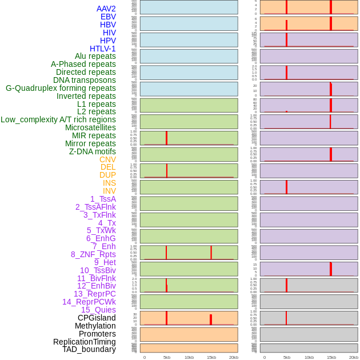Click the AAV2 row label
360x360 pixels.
(106, 9)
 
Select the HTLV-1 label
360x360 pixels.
(103, 49)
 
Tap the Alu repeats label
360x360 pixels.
(95, 56)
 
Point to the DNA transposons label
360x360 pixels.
(85, 80)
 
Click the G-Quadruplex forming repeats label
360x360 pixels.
(61, 88)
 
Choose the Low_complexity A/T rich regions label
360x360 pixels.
(58, 119)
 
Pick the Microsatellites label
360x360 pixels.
(90, 127)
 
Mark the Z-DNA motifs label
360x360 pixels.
(93, 151)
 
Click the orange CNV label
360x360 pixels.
(107, 159)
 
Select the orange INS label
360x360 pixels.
(109, 183)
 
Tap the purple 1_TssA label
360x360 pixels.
(103, 199)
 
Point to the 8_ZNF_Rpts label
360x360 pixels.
(93, 254)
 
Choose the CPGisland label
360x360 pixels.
(97, 318)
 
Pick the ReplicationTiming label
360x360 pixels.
(85, 342)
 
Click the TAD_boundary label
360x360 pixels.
(89, 349)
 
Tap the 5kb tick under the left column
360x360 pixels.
(167, 357)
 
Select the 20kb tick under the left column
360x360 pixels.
(234, 357)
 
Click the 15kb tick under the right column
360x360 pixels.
(331, 357)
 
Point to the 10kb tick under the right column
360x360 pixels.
(309, 357)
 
